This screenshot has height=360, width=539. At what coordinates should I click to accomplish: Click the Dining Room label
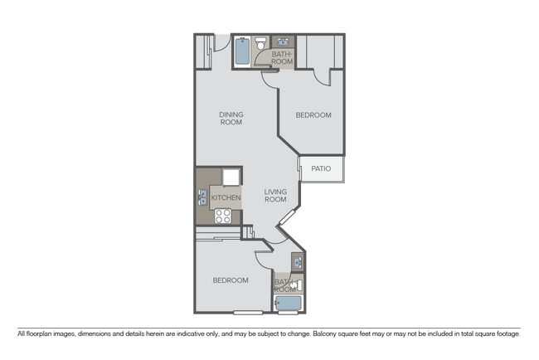pyautogui.click(x=231, y=119)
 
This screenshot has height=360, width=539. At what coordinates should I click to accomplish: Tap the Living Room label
pyautogui.click(x=275, y=195)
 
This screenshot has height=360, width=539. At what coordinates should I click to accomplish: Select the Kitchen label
pyautogui.click(x=226, y=197)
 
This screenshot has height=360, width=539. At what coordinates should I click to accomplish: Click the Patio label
pyautogui.click(x=321, y=168)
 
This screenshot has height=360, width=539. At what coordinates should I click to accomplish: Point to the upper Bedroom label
pyautogui.click(x=313, y=115)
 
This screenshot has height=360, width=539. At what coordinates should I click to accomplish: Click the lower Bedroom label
pyautogui.click(x=231, y=280)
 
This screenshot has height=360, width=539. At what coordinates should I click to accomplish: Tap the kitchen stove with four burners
pyautogui.click(x=223, y=216)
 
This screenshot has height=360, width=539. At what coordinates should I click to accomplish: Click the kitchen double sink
pyautogui.click(x=203, y=197)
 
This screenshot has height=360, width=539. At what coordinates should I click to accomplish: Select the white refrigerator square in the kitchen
pyautogui.click(x=231, y=178)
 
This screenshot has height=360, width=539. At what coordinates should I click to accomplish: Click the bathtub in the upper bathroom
pyautogui.click(x=242, y=51)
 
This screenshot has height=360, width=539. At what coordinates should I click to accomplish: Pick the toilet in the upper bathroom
pyautogui.click(x=261, y=44)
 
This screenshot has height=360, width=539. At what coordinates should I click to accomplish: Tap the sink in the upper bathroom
pyautogui.click(x=284, y=42)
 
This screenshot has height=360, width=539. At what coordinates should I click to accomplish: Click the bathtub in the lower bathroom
pyautogui.click(x=288, y=304)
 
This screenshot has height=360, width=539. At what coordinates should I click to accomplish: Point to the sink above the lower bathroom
pyautogui.click(x=297, y=262)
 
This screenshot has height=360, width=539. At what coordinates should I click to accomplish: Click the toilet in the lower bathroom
pyautogui.click(x=297, y=285)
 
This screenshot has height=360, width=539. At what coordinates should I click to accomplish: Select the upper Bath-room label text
pyautogui.click(x=282, y=58)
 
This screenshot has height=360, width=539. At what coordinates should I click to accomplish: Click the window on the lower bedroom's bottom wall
pyautogui.click(x=247, y=313)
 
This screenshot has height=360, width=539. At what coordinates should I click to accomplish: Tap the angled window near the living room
pyautogui.click(x=288, y=217)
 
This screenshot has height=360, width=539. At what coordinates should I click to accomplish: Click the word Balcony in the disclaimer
pyautogui.click(x=324, y=333)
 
